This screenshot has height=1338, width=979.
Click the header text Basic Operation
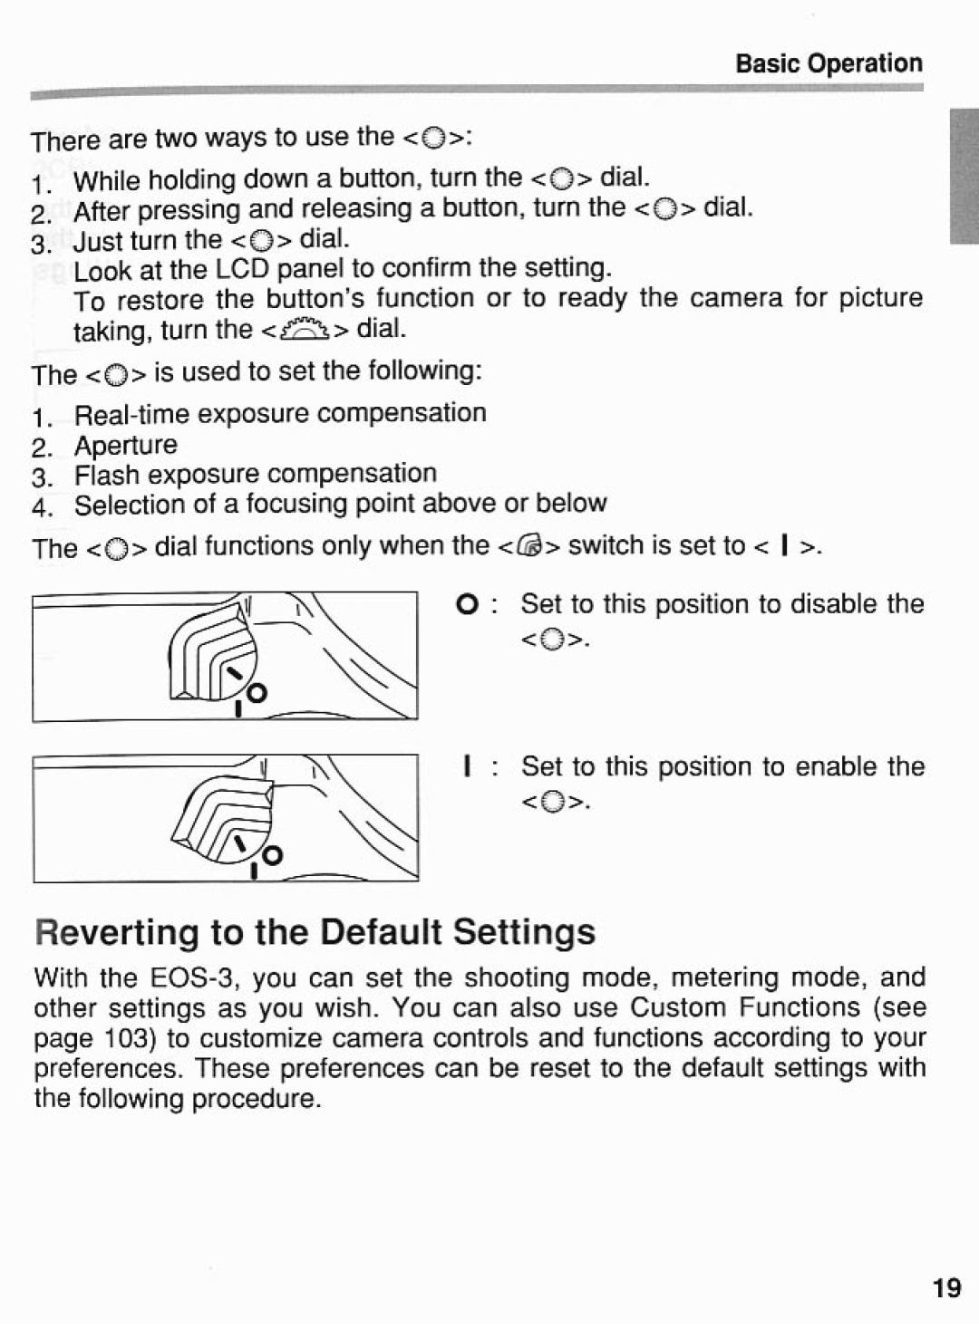coord(829,63)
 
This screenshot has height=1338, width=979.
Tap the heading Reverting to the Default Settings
coord(315,931)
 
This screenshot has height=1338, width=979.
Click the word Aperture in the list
coord(126,445)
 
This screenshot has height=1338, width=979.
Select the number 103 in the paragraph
coord(133,1038)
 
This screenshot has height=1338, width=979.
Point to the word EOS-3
coord(194,978)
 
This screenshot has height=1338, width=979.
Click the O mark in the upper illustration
coord(257,694)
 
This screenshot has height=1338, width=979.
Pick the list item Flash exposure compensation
coord(256,474)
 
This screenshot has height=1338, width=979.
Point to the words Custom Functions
coord(745,1008)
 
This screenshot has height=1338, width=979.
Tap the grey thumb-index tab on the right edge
coord(964,177)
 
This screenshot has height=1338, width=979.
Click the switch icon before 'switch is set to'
coord(530,546)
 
